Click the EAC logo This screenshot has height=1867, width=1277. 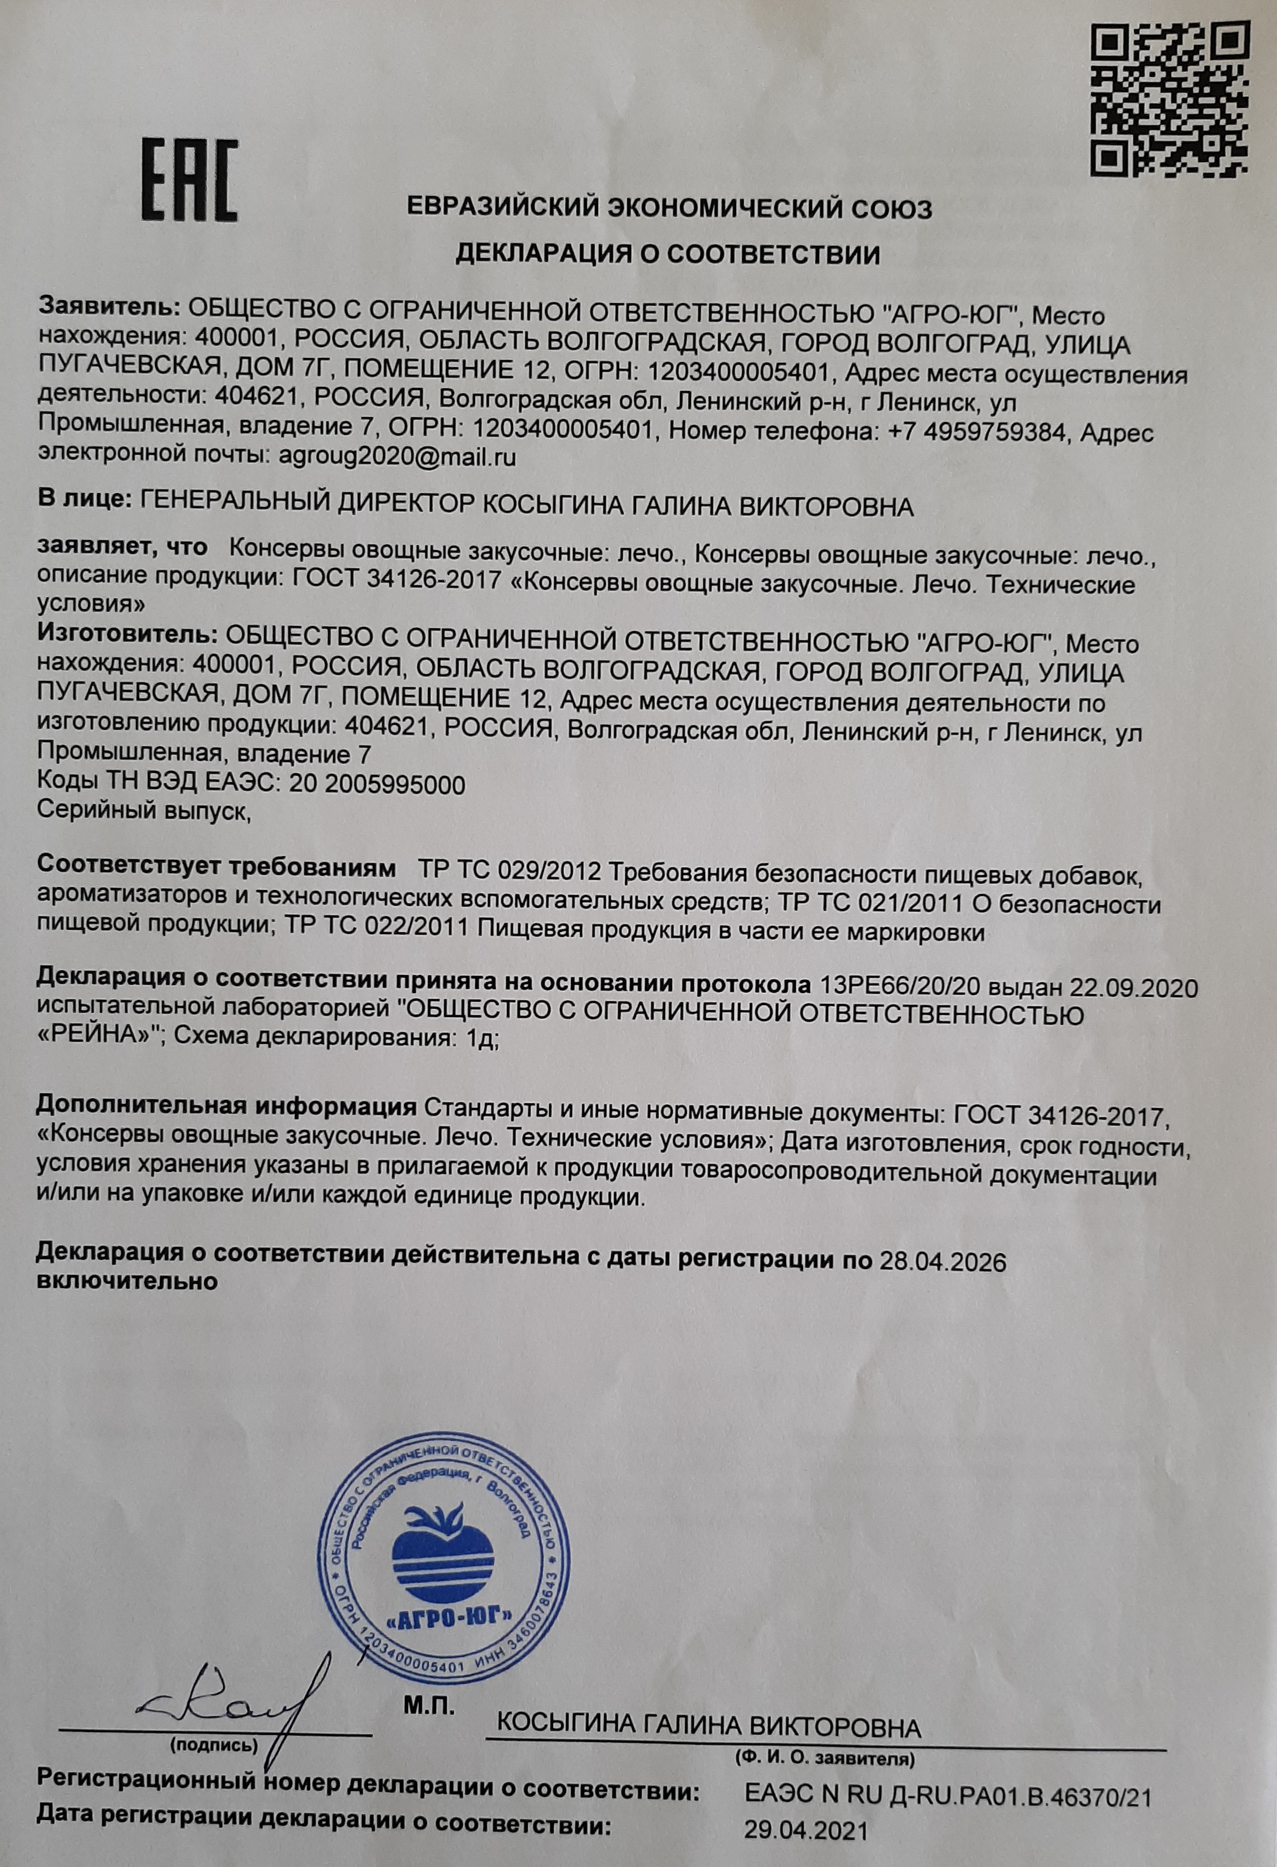[x=190, y=180]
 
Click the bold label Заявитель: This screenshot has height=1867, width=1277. [x=109, y=307]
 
